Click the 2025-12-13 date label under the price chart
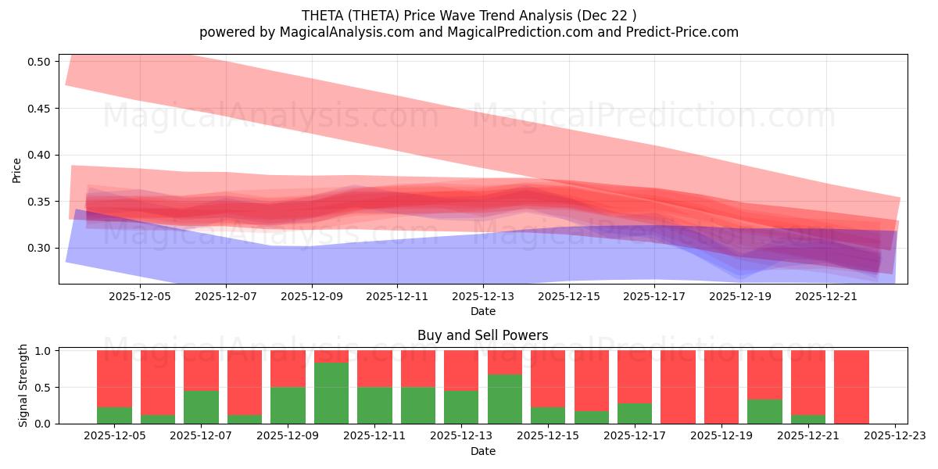(x=482, y=297)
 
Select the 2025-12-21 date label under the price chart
(x=826, y=297)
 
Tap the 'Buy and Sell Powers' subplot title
(x=482, y=335)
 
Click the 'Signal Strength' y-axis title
(x=23, y=385)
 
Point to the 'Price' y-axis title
(x=17, y=170)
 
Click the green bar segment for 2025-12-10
(x=331, y=392)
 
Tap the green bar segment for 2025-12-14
(x=505, y=399)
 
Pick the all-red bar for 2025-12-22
(x=851, y=387)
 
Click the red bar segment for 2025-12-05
(x=114, y=378)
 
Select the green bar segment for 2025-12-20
(x=764, y=411)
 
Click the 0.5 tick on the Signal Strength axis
(x=44, y=387)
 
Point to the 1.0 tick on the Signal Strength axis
(x=44, y=351)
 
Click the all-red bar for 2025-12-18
(x=678, y=387)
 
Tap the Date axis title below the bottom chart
(x=482, y=451)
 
